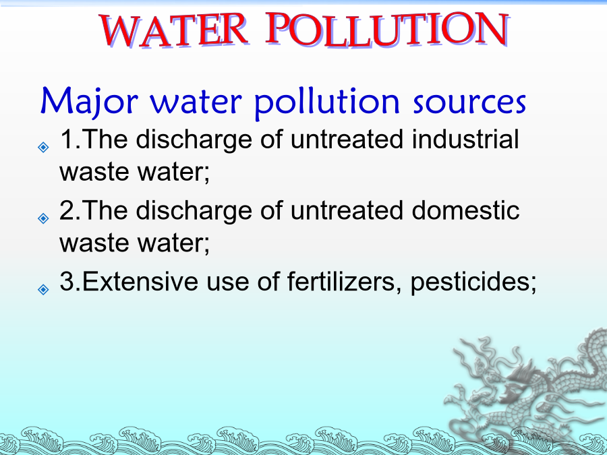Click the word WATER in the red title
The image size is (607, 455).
click(174, 30)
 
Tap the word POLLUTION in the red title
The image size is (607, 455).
click(388, 30)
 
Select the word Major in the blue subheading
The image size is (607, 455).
click(89, 100)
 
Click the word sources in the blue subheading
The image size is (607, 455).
click(469, 103)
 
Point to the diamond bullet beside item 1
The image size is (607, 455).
click(43, 147)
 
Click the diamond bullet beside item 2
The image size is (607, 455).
click(43, 218)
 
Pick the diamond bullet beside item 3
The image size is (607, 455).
click(43, 289)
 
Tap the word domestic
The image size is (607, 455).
click(465, 210)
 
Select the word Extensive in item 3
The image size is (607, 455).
click(140, 281)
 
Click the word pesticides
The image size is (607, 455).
click(473, 282)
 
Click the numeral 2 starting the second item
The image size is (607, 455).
click(67, 210)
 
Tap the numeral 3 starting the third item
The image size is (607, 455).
click(67, 281)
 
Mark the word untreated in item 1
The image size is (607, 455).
click(347, 139)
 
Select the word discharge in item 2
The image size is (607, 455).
click(194, 211)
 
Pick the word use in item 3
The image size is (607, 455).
click(228, 284)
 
